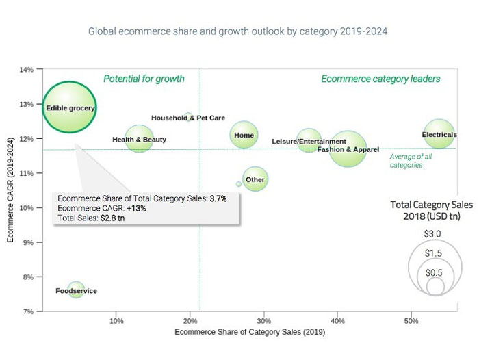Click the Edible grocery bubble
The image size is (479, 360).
(69, 107)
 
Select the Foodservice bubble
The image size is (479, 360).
(76, 290)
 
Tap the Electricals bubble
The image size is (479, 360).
(439, 135)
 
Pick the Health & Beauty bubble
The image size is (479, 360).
(139, 140)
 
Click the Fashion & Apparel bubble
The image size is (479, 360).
(348, 149)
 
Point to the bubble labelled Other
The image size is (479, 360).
(255, 179)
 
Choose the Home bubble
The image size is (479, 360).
(244, 135)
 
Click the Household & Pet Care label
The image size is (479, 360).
(187, 118)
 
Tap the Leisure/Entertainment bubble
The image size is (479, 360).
(309, 141)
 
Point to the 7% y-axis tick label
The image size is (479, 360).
(27, 311)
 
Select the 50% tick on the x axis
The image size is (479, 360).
(411, 320)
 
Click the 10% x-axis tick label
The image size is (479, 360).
(116, 320)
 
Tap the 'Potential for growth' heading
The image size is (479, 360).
(144, 79)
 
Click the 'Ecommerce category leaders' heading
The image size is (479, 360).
(380, 79)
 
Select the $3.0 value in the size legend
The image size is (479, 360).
(432, 234)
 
